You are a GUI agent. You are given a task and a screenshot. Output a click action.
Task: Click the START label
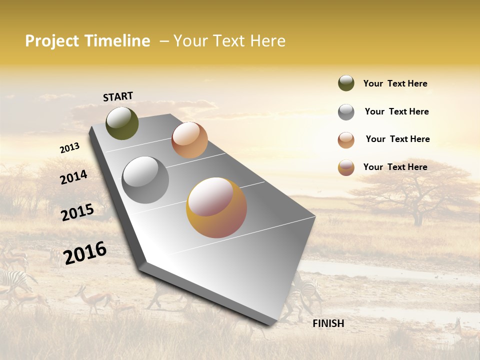(118, 96)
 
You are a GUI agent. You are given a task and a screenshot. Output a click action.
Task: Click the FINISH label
(328, 323)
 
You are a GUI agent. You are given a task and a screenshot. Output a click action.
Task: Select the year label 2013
(70, 148)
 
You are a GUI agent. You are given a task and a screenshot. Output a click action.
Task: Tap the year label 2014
(73, 177)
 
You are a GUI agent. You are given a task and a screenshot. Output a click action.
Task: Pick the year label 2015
(77, 212)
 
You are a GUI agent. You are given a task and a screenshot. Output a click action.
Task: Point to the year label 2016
(85, 252)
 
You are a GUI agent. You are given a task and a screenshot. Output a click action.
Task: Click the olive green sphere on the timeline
(122, 123)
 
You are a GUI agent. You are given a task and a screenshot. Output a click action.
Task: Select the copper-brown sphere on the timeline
(189, 140)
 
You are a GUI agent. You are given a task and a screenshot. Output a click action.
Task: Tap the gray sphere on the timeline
(145, 179)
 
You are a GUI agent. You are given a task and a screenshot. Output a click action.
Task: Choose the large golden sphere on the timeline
(216, 207)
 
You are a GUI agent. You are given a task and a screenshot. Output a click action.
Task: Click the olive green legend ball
(346, 83)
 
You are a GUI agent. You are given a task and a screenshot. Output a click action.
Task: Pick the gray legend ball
(346, 112)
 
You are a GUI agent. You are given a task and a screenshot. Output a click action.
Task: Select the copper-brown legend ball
(346, 140)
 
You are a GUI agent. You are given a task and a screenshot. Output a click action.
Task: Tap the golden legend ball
(346, 167)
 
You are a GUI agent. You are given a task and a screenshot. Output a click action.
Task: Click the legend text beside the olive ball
(395, 83)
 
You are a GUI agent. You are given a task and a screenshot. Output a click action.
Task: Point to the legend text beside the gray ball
(396, 111)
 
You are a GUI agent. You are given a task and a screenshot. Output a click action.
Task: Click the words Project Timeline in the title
(87, 41)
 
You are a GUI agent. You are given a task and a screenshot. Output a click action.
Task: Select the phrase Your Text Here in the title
(229, 41)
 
